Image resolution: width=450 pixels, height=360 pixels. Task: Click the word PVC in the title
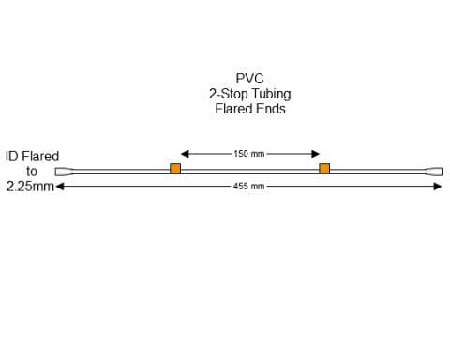pyautogui.click(x=249, y=79)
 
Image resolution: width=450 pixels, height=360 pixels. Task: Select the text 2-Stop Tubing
pyautogui.click(x=248, y=94)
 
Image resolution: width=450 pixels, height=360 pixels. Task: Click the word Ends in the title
pyautogui.click(x=269, y=109)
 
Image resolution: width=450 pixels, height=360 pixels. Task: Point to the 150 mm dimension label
pyautogui.click(x=249, y=153)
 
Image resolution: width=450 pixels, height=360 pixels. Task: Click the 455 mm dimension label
pyautogui.click(x=249, y=187)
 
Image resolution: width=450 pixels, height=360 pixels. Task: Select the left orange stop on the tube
pyautogui.click(x=175, y=169)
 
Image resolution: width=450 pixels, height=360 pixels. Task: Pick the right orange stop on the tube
pyautogui.click(x=324, y=169)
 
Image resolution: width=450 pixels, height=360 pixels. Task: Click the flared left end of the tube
pyautogui.click(x=62, y=172)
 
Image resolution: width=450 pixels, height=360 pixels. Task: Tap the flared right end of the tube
pyautogui.click(x=436, y=172)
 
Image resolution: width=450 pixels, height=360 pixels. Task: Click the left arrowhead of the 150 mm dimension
pyautogui.click(x=185, y=153)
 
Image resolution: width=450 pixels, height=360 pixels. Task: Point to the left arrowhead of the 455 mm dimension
pyautogui.click(x=60, y=187)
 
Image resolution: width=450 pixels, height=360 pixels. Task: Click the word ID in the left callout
pyautogui.click(x=12, y=157)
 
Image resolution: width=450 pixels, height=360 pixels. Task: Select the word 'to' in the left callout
pyautogui.click(x=32, y=172)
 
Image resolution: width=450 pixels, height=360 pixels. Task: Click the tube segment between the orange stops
pyautogui.click(x=249, y=170)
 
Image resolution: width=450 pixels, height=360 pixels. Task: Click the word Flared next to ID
pyautogui.click(x=40, y=157)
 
